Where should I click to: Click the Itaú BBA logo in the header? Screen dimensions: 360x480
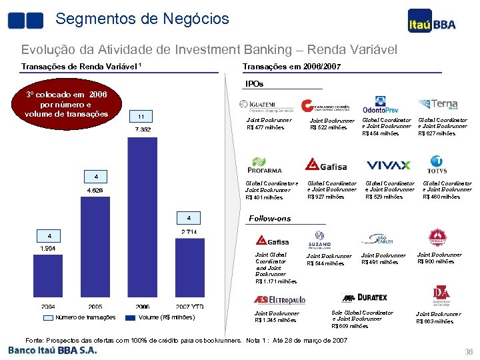click(x=432, y=24)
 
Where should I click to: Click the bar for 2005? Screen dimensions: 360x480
click(x=96, y=247)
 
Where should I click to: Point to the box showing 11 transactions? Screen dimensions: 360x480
click(x=142, y=116)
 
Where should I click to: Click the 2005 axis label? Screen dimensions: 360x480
click(x=96, y=307)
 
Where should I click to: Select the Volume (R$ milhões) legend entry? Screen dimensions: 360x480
click(x=167, y=317)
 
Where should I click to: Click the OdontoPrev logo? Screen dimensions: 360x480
click(x=380, y=107)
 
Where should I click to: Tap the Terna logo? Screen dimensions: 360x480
click(x=437, y=105)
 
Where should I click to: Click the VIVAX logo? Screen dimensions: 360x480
click(x=388, y=165)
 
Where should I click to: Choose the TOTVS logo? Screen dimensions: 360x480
click(x=437, y=164)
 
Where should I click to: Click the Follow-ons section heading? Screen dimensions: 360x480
click(x=270, y=219)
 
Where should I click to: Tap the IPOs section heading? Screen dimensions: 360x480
click(x=255, y=84)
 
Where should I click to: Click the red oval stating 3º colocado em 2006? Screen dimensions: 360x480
click(x=66, y=104)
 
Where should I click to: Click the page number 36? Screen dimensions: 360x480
click(x=468, y=352)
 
